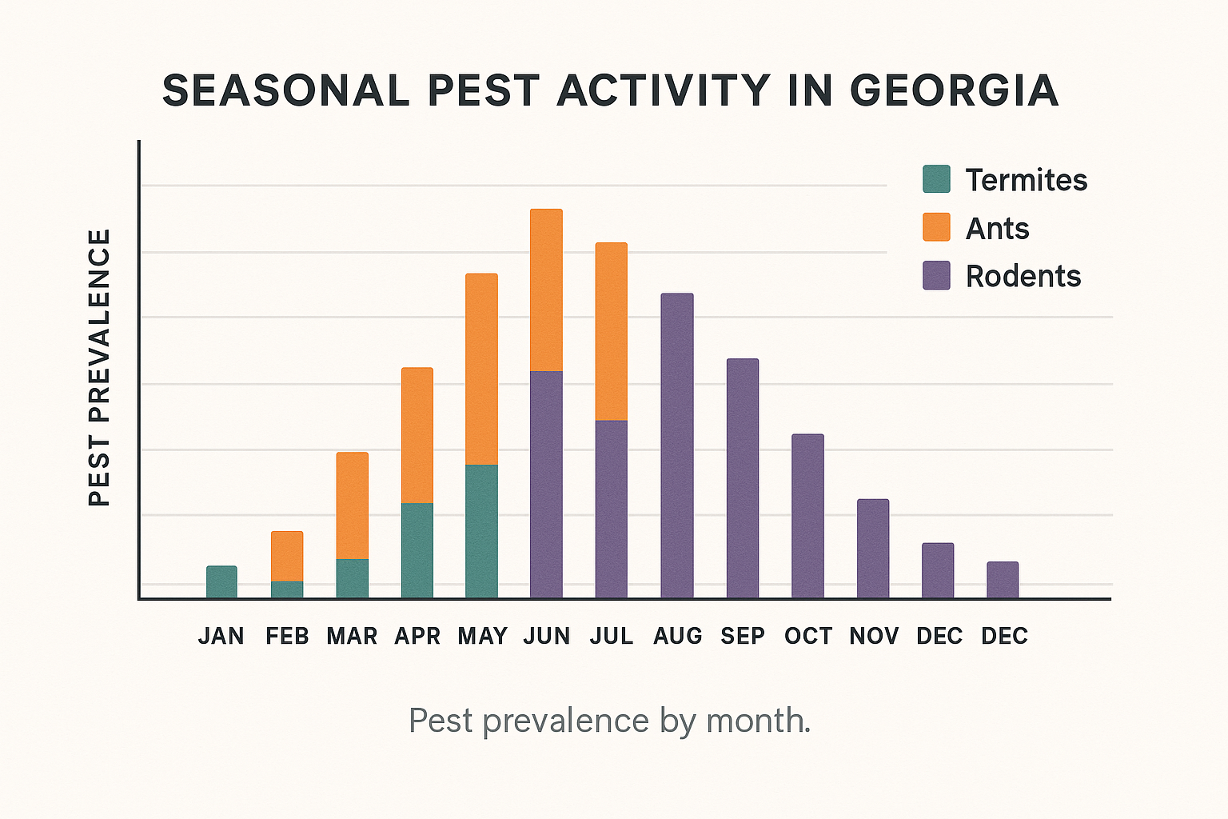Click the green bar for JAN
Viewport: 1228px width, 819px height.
click(x=221, y=582)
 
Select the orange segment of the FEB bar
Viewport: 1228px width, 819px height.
click(x=287, y=556)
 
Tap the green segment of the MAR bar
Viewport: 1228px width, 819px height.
click(x=353, y=578)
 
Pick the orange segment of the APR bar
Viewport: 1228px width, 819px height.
click(x=417, y=435)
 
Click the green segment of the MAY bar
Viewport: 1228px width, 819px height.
click(x=482, y=531)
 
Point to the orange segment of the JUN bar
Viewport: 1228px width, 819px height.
click(x=546, y=290)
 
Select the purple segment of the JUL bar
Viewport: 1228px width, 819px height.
click(x=612, y=509)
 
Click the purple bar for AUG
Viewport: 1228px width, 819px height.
click(x=677, y=445)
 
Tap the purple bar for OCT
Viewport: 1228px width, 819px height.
click(x=807, y=516)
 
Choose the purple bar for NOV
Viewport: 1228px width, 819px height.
click(x=873, y=549)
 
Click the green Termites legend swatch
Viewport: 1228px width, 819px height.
click(x=936, y=179)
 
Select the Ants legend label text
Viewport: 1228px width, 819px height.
click(x=997, y=229)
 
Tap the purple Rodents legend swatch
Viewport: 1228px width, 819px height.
click(x=936, y=275)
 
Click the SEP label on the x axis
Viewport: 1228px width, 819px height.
click(x=743, y=636)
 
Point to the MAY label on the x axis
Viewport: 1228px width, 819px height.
click(x=483, y=636)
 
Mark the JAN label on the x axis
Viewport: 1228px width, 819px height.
click(x=221, y=636)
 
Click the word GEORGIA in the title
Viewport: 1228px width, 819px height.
click(x=954, y=90)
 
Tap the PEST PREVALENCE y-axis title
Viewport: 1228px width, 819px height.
click(x=99, y=368)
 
